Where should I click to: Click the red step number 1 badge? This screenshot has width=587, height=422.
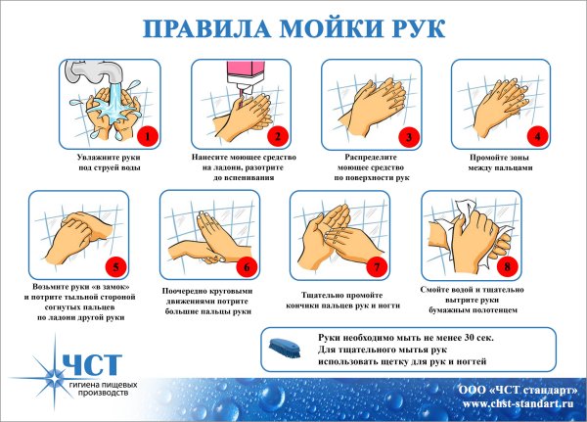click(147, 134)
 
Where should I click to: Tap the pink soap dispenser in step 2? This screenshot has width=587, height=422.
click(244, 73)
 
